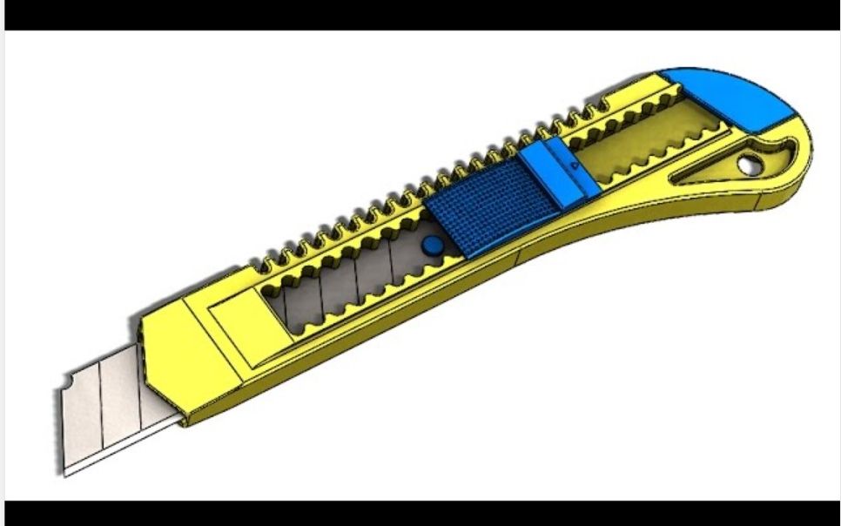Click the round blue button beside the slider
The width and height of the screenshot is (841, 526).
(x=428, y=247)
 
